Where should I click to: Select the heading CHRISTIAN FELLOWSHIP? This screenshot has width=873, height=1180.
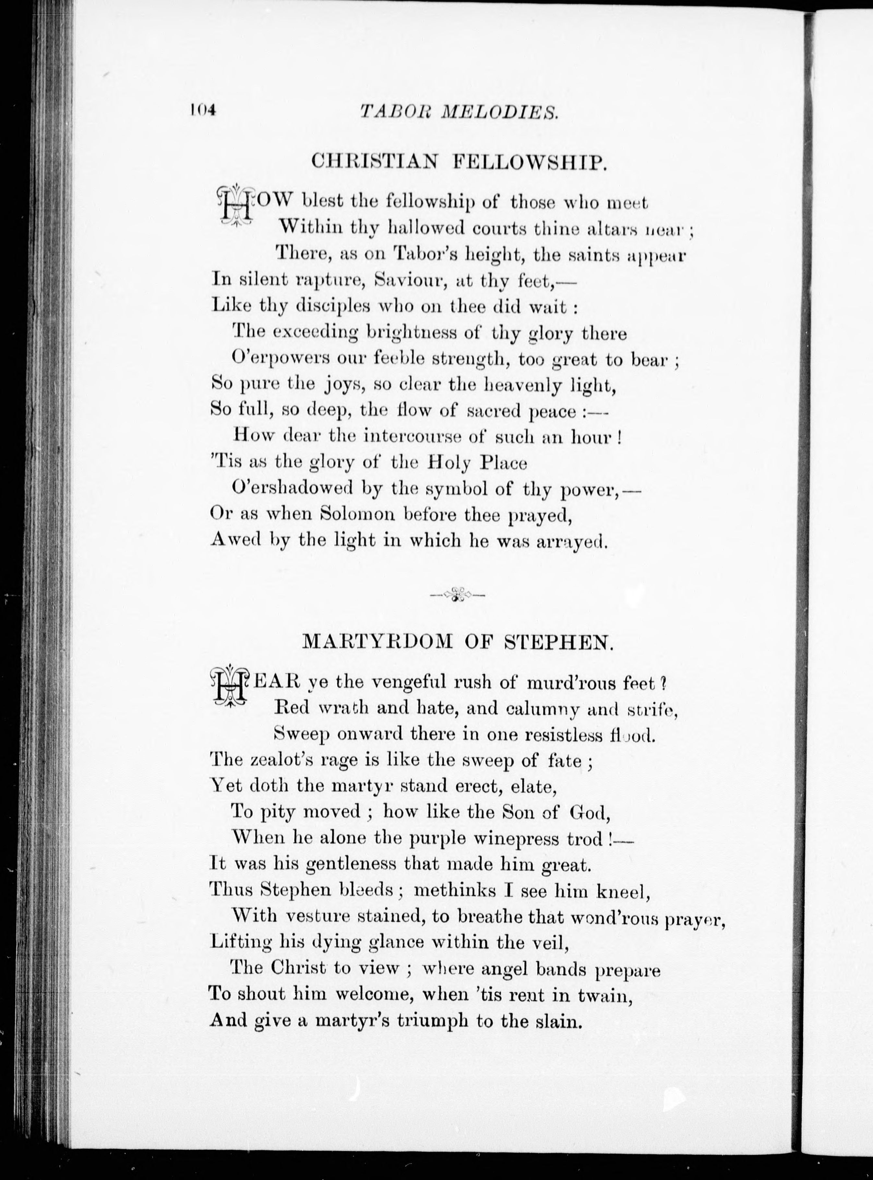coord(458,160)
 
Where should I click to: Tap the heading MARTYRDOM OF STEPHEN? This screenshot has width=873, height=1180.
coord(458,641)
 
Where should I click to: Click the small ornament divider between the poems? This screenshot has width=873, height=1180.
coord(458,595)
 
